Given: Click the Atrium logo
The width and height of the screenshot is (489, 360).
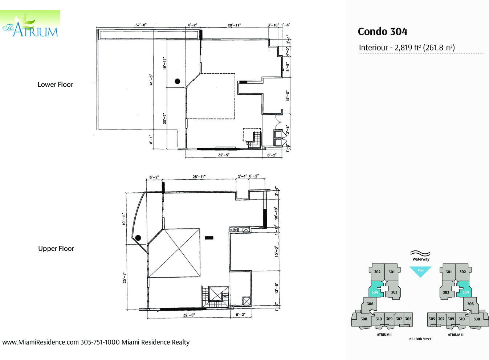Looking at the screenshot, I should (x=30, y=25).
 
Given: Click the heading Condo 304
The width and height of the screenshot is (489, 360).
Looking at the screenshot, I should (x=382, y=32).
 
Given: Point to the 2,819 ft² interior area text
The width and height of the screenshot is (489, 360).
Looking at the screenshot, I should (x=407, y=48).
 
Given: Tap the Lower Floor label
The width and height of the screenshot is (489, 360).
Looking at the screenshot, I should (x=55, y=85).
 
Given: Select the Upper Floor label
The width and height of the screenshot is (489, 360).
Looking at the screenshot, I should (x=56, y=249).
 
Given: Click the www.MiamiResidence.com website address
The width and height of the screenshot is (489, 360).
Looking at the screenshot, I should (x=41, y=342).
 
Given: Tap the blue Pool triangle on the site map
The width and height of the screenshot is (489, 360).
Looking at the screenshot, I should (x=420, y=271).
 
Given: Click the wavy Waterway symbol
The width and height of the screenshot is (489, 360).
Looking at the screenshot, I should (x=420, y=253).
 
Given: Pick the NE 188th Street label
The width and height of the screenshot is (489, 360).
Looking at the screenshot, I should (x=420, y=339).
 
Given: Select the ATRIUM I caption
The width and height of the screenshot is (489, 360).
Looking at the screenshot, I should (x=384, y=335).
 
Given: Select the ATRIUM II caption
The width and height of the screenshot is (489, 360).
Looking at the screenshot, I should (x=455, y=335).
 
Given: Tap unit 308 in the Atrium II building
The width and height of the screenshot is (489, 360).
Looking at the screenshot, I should (x=476, y=319).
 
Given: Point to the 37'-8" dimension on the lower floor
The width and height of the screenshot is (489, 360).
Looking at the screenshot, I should (x=141, y=25).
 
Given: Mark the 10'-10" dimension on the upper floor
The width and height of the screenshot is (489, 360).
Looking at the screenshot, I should (x=276, y=213).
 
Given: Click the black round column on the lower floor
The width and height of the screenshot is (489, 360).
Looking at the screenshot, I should (x=178, y=81).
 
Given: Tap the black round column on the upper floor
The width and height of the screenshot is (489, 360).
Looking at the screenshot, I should (x=138, y=238).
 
